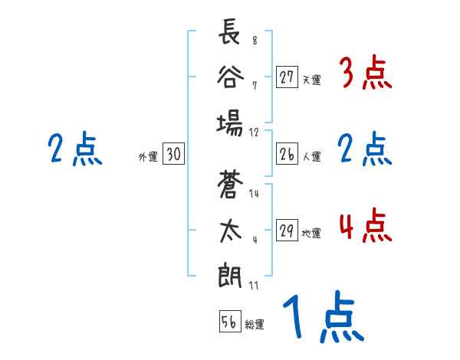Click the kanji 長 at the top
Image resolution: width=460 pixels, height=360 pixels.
[x=229, y=34]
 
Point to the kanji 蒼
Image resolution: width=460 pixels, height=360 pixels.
[x=229, y=185]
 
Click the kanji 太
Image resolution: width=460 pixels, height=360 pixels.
[x=229, y=230]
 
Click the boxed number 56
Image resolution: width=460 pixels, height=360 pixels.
[x=229, y=322]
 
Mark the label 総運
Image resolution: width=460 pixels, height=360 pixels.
[x=255, y=324]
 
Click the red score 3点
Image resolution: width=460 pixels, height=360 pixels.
[x=365, y=75]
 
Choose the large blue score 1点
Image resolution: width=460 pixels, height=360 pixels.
[x=322, y=320]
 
